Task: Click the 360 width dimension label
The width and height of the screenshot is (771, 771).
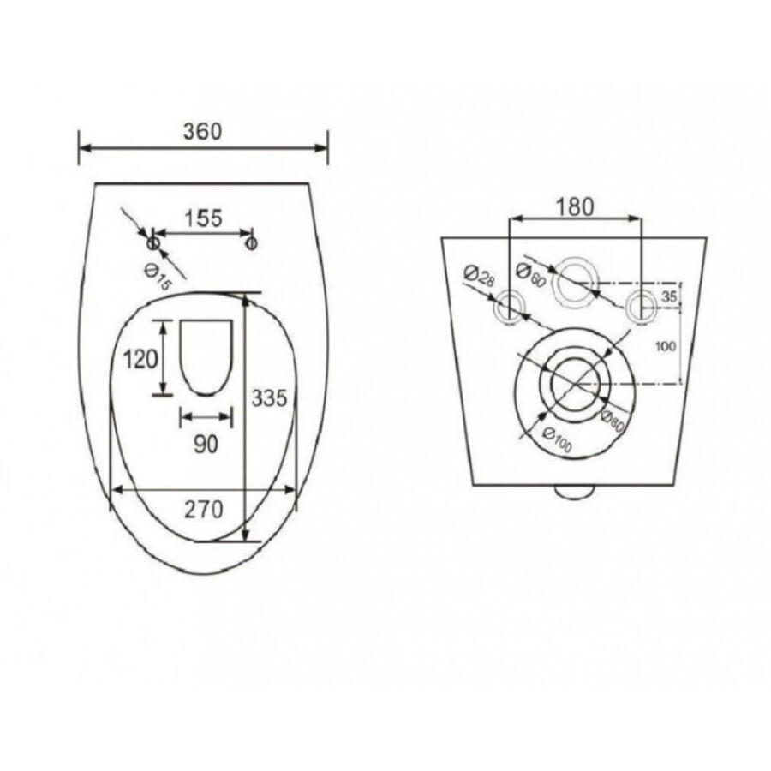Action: (x=202, y=131)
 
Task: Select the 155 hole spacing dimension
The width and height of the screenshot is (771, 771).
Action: (x=204, y=218)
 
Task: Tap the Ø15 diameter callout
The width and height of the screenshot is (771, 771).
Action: (x=157, y=277)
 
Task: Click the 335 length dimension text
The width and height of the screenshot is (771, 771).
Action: (x=269, y=397)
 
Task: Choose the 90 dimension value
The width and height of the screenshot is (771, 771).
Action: (x=206, y=445)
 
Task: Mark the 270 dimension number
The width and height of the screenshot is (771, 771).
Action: (x=204, y=510)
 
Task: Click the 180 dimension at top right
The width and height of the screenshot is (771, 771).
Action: (x=575, y=207)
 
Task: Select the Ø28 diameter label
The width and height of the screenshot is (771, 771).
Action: (x=479, y=277)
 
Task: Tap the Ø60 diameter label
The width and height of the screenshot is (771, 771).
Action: (x=531, y=275)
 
